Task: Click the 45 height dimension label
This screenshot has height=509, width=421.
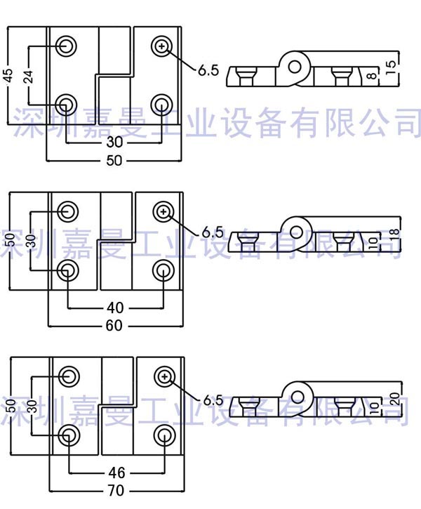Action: point(8,75)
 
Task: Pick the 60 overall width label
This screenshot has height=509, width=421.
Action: point(114,326)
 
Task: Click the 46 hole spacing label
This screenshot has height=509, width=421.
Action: point(116,472)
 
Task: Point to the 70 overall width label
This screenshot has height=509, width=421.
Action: point(116,490)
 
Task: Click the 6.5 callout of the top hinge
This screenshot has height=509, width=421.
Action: point(208,70)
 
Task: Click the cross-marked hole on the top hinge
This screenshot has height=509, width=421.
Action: point(162,46)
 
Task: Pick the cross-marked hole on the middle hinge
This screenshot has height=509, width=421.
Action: point(163,211)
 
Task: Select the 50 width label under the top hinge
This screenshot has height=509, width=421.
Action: point(114,161)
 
